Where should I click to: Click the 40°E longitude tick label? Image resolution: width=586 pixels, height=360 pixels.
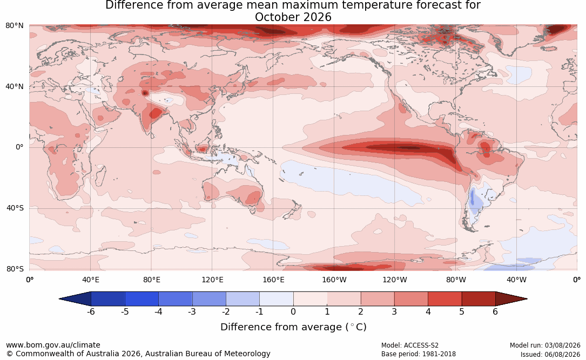90,280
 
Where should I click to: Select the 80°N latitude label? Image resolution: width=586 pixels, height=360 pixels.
15,25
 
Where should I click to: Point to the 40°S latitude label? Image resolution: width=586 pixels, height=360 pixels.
15,208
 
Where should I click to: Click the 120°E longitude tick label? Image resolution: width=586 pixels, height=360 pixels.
212,280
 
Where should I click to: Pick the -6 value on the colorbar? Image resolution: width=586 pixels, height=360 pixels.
91,311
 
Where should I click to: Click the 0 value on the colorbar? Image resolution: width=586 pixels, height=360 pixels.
293,311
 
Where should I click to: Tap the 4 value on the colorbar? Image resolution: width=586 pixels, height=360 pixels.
428,311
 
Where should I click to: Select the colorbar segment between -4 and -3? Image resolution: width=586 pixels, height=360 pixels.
176,299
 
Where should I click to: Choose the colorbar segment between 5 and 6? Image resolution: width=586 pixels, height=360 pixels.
479,299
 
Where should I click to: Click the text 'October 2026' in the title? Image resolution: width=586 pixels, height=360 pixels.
293,17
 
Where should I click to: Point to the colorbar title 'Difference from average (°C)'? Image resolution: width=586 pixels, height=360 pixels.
293,327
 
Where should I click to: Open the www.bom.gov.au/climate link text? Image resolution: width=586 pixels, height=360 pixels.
53,345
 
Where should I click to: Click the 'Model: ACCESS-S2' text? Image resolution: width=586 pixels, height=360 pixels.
409,345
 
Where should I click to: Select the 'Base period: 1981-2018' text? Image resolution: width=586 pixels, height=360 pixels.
418,354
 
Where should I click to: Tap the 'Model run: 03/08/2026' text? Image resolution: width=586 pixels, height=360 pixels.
545,345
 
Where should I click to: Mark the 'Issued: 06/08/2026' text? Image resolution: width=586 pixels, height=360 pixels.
550,354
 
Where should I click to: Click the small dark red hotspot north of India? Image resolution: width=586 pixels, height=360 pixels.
145,93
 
